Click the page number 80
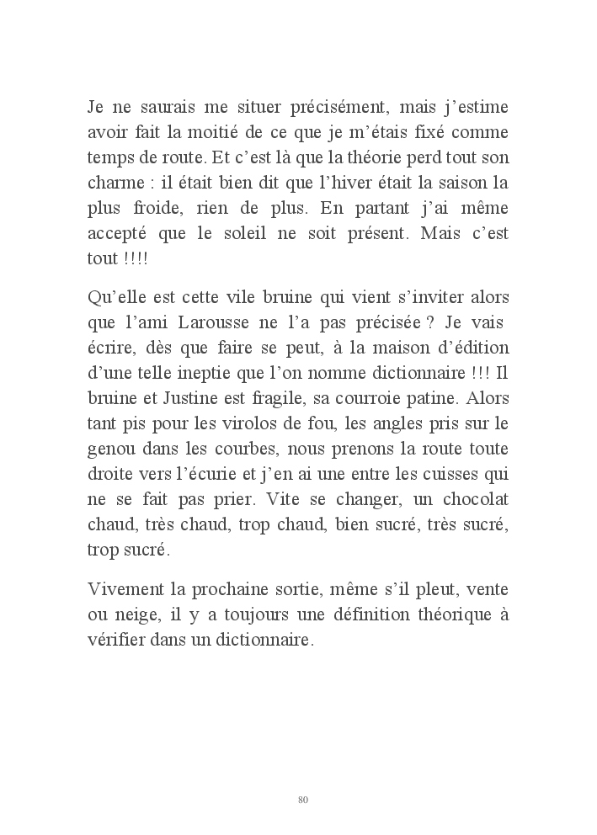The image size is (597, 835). (x=303, y=799)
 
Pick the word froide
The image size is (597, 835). (x=167, y=208)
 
